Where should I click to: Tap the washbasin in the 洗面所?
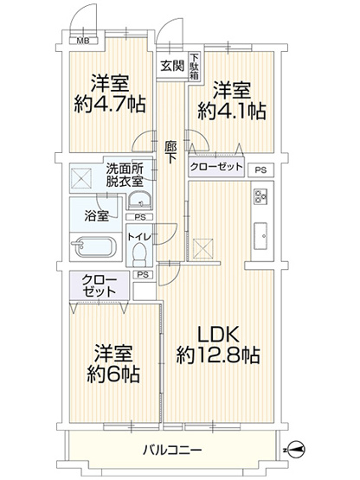tap(138, 201)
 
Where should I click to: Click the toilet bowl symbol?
tap(138, 254)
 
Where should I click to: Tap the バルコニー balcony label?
tap(172, 451)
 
